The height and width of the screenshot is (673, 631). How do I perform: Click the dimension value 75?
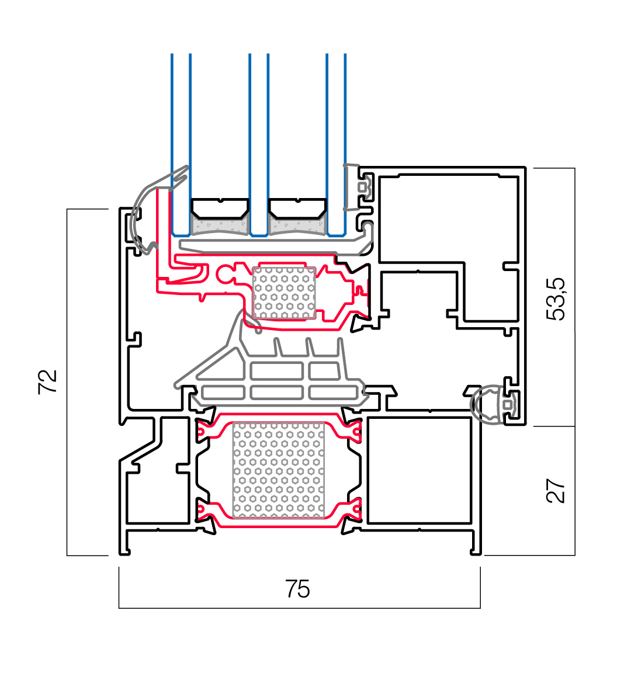(x=297, y=589)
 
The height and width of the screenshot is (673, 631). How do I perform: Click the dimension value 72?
(x=48, y=381)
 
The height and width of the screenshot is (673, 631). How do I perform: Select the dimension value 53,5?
(x=556, y=299)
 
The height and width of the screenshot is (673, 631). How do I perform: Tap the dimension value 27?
(x=556, y=491)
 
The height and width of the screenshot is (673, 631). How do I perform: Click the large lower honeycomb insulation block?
(x=278, y=470)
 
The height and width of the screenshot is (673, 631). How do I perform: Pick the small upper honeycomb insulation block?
(x=284, y=293)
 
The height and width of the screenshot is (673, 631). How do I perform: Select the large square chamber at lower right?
(x=419, y=470)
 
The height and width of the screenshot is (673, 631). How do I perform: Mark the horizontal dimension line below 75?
(x=299, y=608)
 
